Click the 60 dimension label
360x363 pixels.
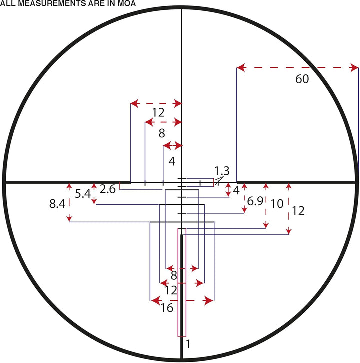coord(302,79)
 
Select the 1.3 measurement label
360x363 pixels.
coord(222,171)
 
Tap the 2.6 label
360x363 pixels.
coord(107,189)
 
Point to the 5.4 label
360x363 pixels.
coord(83,194)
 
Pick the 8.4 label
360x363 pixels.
coord(57,204)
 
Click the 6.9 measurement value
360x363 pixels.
coord(255,201)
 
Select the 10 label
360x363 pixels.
coord(277,204)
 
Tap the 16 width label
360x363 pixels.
coord(167,308)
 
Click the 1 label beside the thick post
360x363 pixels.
coord(188,344)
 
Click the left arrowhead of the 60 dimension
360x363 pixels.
coord(241,68)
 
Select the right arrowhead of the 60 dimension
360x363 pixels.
coord(354,68)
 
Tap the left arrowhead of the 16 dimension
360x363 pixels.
coord(155,300)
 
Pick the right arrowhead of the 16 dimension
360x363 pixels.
coord(208,300)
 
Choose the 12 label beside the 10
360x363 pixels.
coord(298,211)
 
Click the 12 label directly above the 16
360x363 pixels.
coord(171,290)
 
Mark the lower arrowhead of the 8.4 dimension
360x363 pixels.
coord(69,218)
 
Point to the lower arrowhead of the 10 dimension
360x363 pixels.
coord(266,225)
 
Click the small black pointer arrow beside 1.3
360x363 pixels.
coord(219,180)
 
